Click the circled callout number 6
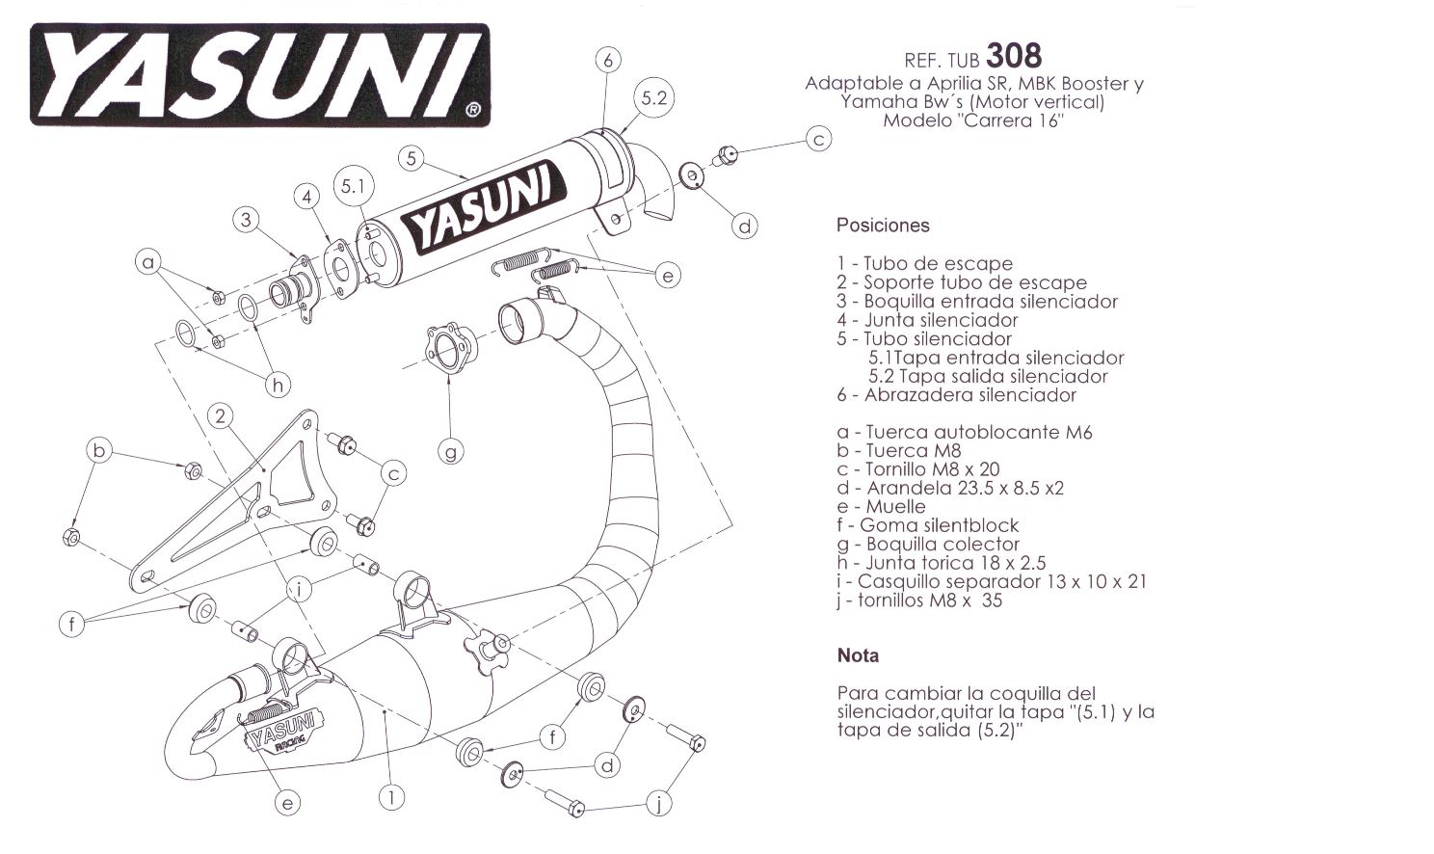[x=608, y=60]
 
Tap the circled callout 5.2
[x=653, y=97]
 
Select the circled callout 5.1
[x=354, y=186]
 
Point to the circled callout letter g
[x=450, y=449]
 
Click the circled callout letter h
[x=278, y=386]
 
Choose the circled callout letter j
[x=657, y=802]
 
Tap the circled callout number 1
[x=391, y=797]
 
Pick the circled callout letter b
[x=99, y=450]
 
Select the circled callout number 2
[x=221, y=416]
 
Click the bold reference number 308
[x=1014, y=55]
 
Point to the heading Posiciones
[x=883, y=226]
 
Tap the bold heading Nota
[x=858, y=655]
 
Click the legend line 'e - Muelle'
[x=881, y=507]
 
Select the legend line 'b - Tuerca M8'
[x=898, y=451]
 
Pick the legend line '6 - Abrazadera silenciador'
[x=956, y=395]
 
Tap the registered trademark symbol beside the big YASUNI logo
[x=472, y=110]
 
